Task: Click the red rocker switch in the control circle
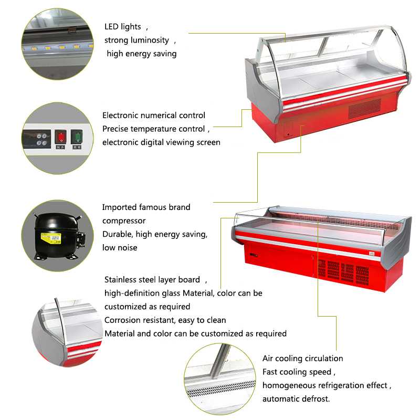click(x=60, y=136)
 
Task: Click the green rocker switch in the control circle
click(x=77, y=136)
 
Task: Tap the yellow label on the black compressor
click(x=51, y=238)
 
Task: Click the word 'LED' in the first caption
click(x=111, y=27)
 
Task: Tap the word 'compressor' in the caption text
click(x=124, y=221)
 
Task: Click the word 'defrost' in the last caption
click(x=317, y=399)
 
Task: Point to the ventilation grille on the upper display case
click(x=364, y=109)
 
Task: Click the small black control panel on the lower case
click(x=254, y=255)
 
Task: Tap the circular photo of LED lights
click(x=57, y=44)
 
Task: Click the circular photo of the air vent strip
click(x=220, y=379)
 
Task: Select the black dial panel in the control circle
click(x=37, y=139)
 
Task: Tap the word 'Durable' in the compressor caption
click(x=118, y=234)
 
